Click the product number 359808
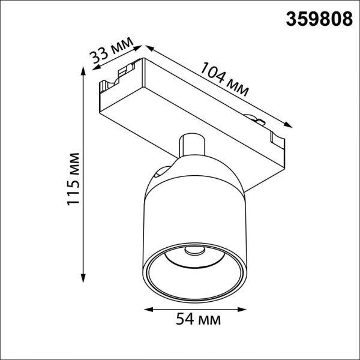click(x=317, y=19)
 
